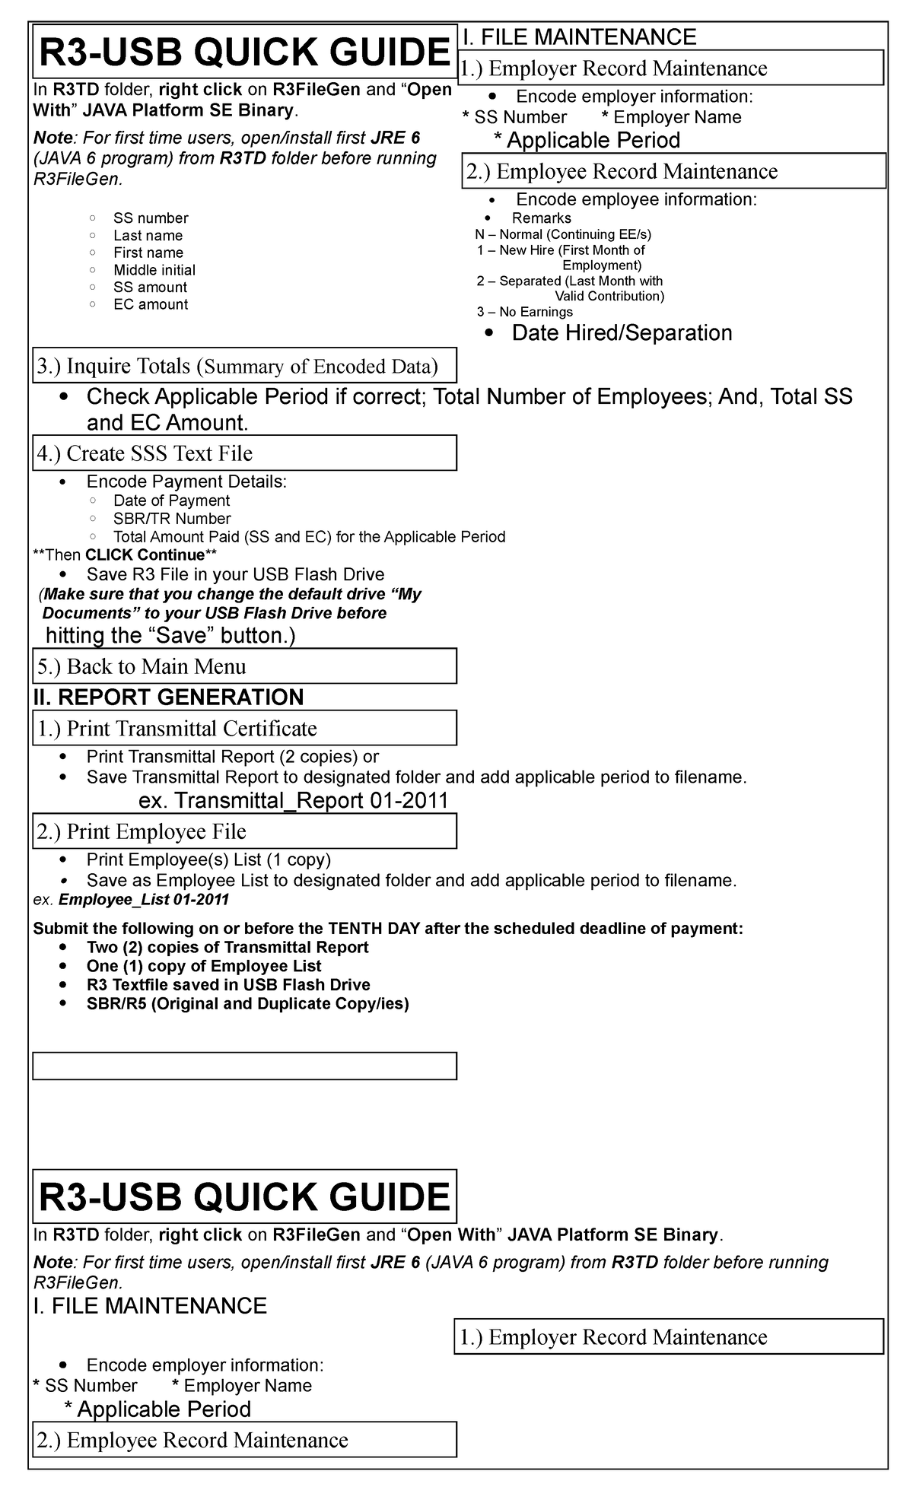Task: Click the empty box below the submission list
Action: [x=244, y=1066]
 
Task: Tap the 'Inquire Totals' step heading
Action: [x=237, y=367]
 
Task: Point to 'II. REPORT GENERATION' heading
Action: [x=168, y=697]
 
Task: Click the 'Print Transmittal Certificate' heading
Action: [x=177, y=729]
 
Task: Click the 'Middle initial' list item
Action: [x=154, y=270]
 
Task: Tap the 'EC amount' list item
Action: [x=151, y=304]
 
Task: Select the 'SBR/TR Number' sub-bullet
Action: [x=172, y=519]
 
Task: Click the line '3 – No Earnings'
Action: [x=525, y=312]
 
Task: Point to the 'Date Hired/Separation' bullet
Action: [x=622, y=333]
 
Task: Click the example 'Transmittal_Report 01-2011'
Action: [x=293, y=800]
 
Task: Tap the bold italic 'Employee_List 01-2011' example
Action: [x=143, y=900]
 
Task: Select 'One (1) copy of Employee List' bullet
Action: [x=204, y=966]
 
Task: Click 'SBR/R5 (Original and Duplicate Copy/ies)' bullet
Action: [x=247, y=1003]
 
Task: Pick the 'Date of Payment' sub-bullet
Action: [x=171, y=500]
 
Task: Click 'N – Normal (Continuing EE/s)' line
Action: [x=563, y=234]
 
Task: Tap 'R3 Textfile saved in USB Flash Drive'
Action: [x=228, y=984]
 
